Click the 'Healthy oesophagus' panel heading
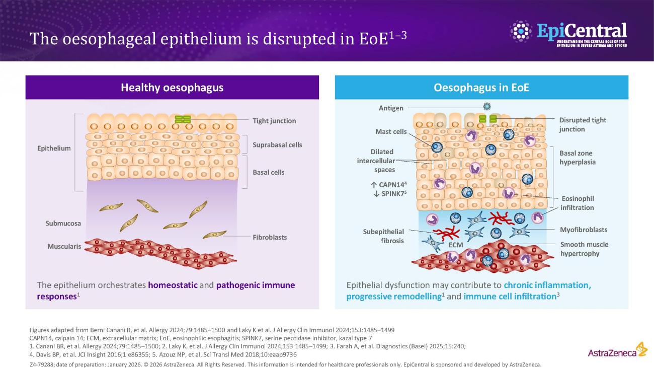(172, 88)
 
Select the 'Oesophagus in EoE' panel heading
(481, 88)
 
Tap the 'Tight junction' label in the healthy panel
(274, 121)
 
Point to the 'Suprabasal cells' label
(277, 145)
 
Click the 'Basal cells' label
(268, 172)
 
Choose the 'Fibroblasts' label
(270, 237)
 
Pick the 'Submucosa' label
(63, 223)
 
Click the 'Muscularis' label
(64, 247)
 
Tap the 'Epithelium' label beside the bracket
(54, 149)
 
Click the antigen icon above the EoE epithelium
(486, 107)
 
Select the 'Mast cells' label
(391, 132)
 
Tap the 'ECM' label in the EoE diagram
(455, 245)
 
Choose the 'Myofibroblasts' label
(584, 230)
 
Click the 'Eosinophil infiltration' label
(578, 203)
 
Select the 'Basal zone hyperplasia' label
(578, 158)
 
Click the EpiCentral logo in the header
(568, 32)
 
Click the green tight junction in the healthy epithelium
(183, 119)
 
